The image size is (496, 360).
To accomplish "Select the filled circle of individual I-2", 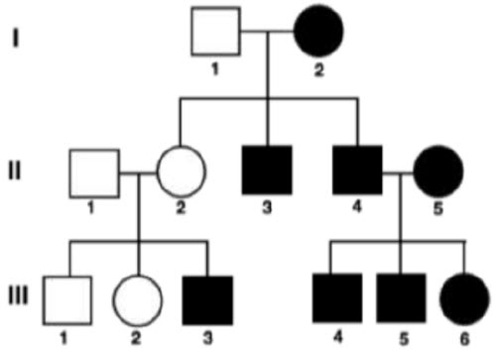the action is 318,31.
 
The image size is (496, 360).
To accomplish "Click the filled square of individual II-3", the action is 267,170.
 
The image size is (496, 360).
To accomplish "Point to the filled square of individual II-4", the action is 357,170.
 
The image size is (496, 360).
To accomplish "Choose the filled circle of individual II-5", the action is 438,171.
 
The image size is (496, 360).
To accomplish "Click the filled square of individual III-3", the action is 207,300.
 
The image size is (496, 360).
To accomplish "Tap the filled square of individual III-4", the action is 337,299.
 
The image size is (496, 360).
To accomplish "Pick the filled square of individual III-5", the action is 401,299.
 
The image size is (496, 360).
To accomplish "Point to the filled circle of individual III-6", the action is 464,299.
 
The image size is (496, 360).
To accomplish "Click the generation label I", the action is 16,38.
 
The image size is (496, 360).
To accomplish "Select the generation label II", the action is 14,171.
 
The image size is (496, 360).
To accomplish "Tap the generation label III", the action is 18,296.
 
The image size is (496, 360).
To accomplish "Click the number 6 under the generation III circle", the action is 464,339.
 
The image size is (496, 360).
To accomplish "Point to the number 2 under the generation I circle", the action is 319,70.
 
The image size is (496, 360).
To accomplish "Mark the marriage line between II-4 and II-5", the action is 398,173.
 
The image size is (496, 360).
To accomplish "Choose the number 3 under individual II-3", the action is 267,207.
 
